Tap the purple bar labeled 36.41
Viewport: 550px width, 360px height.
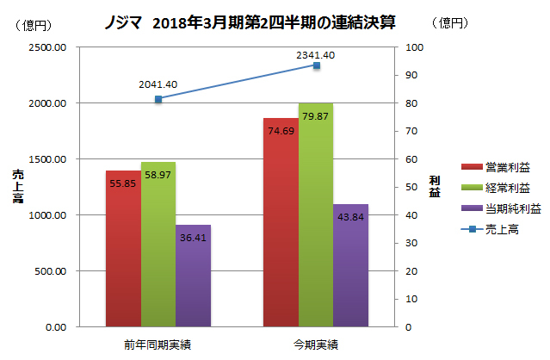pos(193,276)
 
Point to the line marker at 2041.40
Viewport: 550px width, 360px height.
pos(158,99)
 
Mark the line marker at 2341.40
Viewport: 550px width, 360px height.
pos(316,65)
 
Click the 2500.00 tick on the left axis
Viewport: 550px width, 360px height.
pos(48,47)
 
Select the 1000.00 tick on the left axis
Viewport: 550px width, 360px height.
pos(48,215)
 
